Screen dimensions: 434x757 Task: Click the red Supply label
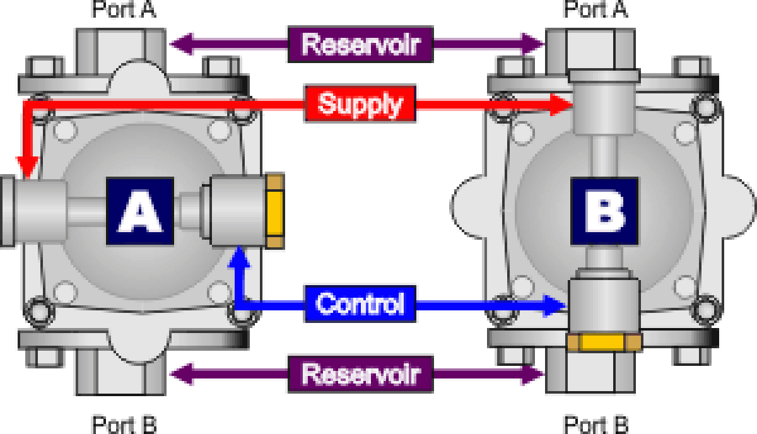(360, 103)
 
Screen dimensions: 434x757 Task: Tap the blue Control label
(360, 304)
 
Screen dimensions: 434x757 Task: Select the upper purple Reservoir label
(360, 45)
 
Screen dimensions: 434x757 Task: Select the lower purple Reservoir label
(360, 373)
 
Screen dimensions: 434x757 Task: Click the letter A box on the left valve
(139, 211)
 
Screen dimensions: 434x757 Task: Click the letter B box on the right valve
(604, 211)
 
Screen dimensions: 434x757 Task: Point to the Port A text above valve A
(124, 9)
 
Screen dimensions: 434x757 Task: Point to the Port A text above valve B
(596, 9)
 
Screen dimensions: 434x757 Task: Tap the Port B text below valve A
(124, 424)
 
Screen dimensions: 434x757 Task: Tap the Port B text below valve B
(596, 424)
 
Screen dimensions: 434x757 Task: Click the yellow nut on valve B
(604, 342)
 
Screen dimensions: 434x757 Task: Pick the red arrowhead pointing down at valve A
(26, 168)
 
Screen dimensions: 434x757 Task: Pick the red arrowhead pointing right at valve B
(561, 104)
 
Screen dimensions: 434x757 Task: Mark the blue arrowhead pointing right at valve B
(558, 305)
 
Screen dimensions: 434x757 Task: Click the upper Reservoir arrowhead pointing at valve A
(179, 45)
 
